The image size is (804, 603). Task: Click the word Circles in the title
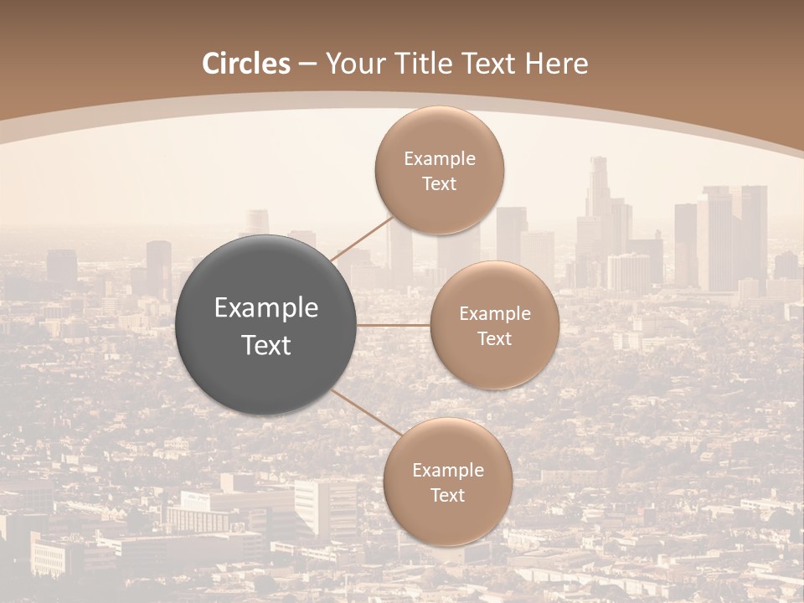pyautogui.click(x=246, y=64)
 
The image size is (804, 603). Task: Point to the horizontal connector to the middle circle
pyautogui.click(x=394, y=325)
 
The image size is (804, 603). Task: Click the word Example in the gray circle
pyautogui.click(x=266, y=307)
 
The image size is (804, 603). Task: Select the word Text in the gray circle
pyautogui.click(x=266, y=345)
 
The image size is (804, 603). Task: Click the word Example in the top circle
pyautogui.click(x=440, y=159)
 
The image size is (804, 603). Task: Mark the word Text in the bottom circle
pyautogui.click(x=448, y=495)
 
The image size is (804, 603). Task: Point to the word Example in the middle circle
pyautogui.click(x=495, y=314)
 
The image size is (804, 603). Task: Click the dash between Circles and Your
pyautogui.click(x=307, y=64)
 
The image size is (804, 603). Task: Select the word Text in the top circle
pyautogui.click(x=440, y=184)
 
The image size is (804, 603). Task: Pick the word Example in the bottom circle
pyautogui.click(x=448, y=471)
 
